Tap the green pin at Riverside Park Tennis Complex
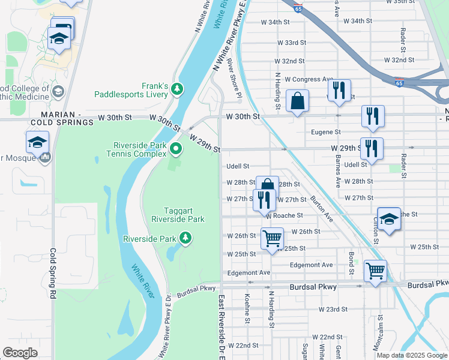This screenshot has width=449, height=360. click(175, 148)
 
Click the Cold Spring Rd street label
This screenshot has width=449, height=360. click(53, 274)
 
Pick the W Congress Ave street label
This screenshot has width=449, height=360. click(309, 79)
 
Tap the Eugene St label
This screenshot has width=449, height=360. click(326, 132)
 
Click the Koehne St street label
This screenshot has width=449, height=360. click(247, 307)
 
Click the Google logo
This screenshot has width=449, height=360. click(20, 353)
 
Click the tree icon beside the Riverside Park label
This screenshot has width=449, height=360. click(186, 239)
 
